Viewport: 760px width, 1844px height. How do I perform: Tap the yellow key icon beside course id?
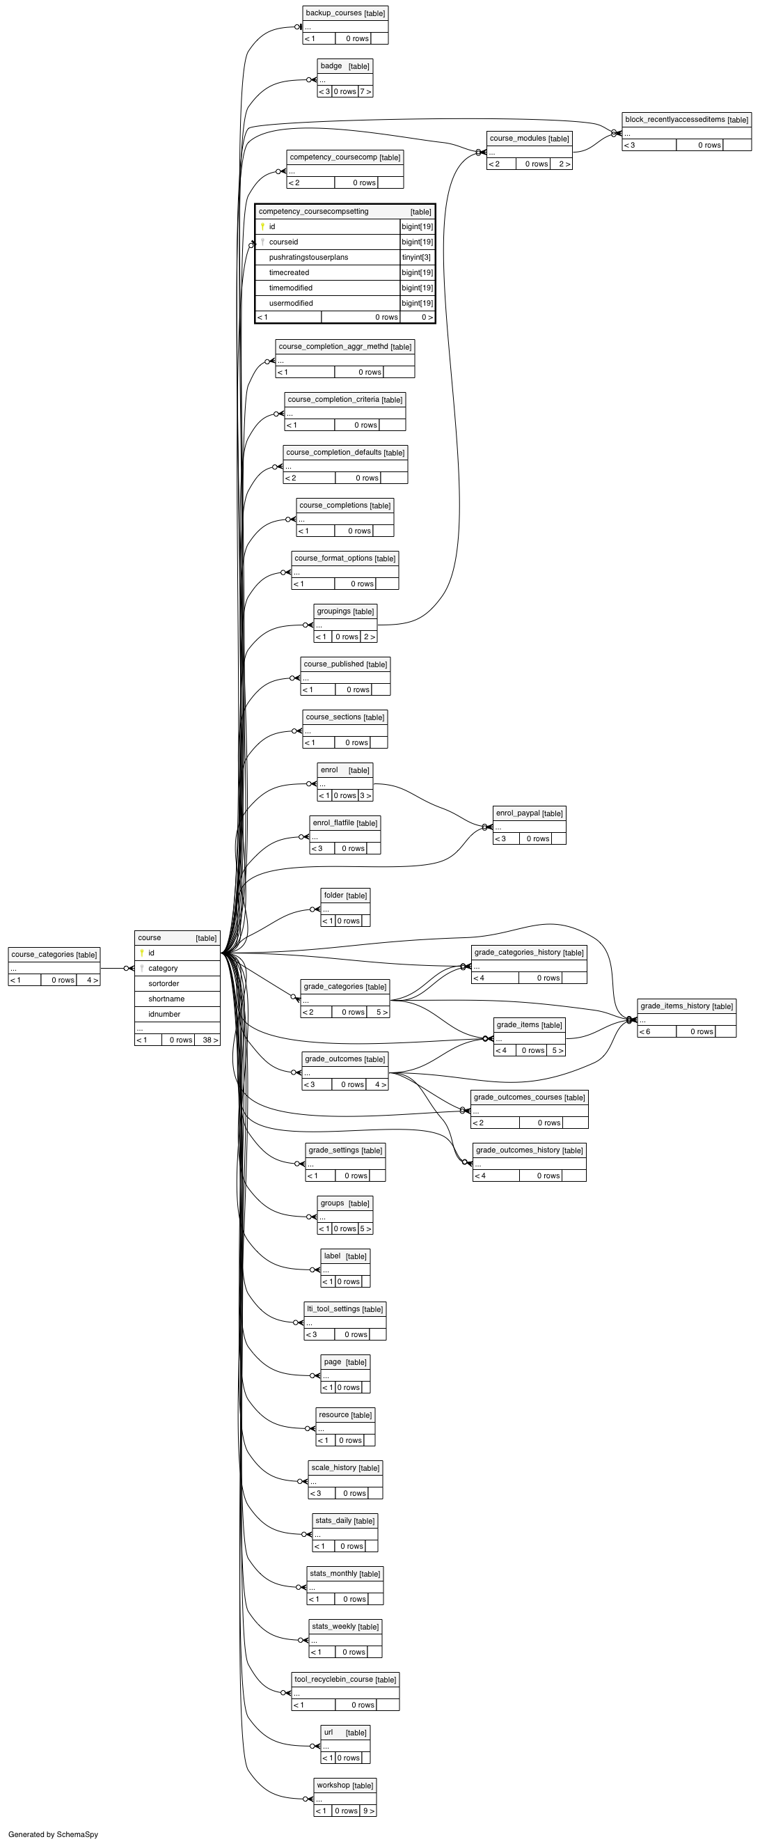(x=142, y=953)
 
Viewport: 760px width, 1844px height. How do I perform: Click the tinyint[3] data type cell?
(x=416, y=257)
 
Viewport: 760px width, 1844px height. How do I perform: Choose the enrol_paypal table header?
(x=529, y=813)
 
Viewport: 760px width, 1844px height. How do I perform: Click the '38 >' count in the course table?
(x=207, y=1040)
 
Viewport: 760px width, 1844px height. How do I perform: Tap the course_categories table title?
(x=54, y=954)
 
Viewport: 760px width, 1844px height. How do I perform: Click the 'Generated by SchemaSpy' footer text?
(x=53, y=1834)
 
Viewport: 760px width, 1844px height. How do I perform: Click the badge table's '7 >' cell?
(x=365, y=92)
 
